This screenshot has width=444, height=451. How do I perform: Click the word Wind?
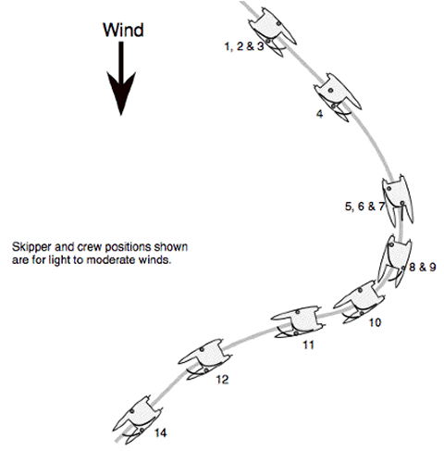pyautogui.click(x=123, y=30)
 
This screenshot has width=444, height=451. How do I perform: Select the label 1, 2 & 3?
pyautogui.click(x=244, y=46)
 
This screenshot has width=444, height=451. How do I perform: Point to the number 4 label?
pyautogui.click(x=320, y=114)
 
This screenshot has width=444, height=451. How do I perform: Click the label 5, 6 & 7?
pyautogui.click(x=365, y=206)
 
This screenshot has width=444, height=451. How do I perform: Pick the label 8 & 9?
pyautogui.click(x=423, y=267)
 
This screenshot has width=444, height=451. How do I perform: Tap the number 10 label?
pyautogui.click(x=375, y=322)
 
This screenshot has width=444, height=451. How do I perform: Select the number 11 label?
pyautogui.click(x=309, y=345)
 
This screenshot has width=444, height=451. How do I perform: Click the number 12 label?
pyautogui.click(x=222, y=379)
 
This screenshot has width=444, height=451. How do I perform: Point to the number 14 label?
pyautogui.click(x=160, y=432)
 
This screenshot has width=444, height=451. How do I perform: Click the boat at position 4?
pyautogui.click(x=338, y=97)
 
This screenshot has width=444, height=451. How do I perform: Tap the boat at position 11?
pyautogui.click(x=298, y=322)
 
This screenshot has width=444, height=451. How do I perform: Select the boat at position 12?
pyautogui.click(x=205, y=358)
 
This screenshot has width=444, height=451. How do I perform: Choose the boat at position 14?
pyautogui.click(x=138, y=420)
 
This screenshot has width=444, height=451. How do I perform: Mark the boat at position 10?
pyautogui.click(x=359, y=302)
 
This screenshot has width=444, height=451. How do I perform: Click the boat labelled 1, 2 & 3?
pyautogui.click(x=272, y=31)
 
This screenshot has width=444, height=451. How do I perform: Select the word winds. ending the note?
pyautogui.click(x=155, y=260)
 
